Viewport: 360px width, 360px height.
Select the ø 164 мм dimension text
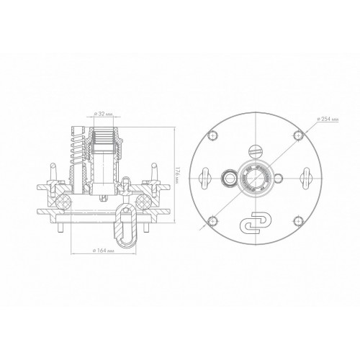[x=103, y=251]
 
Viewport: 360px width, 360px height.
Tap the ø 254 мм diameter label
[x=328, y=119]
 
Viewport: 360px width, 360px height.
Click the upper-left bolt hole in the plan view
[x=213, y=135]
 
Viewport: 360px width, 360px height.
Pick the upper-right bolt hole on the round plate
[x=298, y=135]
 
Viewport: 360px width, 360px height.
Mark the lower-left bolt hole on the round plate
[x=213, y=221]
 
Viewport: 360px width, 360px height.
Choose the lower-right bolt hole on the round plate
[x=298, y=221]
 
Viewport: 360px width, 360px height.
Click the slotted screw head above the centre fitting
[x=256, y=151]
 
